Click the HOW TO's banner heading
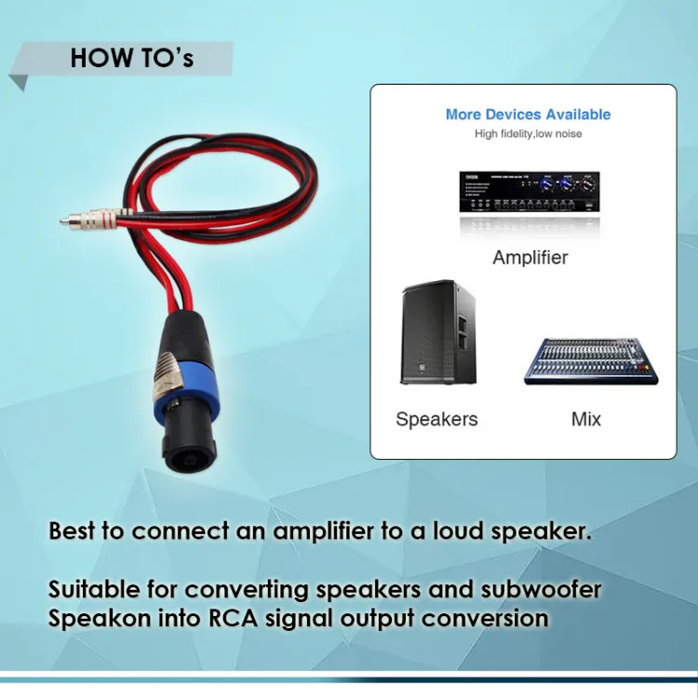(x=131, y=58)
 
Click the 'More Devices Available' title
(x=528, y=114)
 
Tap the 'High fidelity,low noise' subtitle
(x=528, y=134)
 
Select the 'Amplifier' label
(x=530, y=257)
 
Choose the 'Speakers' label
(x=436, y=419)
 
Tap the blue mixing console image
(x=590, y=361)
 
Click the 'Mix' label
(x=586, y=419)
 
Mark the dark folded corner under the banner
(x=18, y=83)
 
